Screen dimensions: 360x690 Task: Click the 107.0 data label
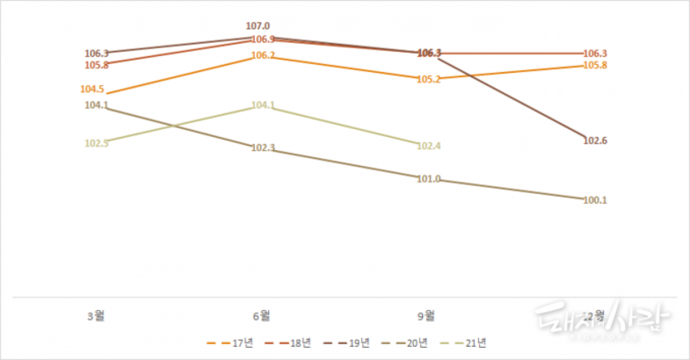258,26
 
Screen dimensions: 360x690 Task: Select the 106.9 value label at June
263,40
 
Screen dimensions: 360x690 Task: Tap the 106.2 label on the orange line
263,56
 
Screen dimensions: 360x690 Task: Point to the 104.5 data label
92,89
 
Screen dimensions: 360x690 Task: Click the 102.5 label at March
96,143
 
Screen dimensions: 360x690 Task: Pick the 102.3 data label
263,148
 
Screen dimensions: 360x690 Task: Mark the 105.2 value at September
429,79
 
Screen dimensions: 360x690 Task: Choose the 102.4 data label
428,146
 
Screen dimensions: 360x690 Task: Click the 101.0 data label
428,179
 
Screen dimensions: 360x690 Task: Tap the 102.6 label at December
595,141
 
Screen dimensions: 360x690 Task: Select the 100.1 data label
595,201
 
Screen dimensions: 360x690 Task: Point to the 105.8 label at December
595,65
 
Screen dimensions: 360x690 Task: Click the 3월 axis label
96,315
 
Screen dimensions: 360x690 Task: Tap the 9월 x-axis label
426,315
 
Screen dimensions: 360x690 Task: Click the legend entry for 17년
229,343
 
